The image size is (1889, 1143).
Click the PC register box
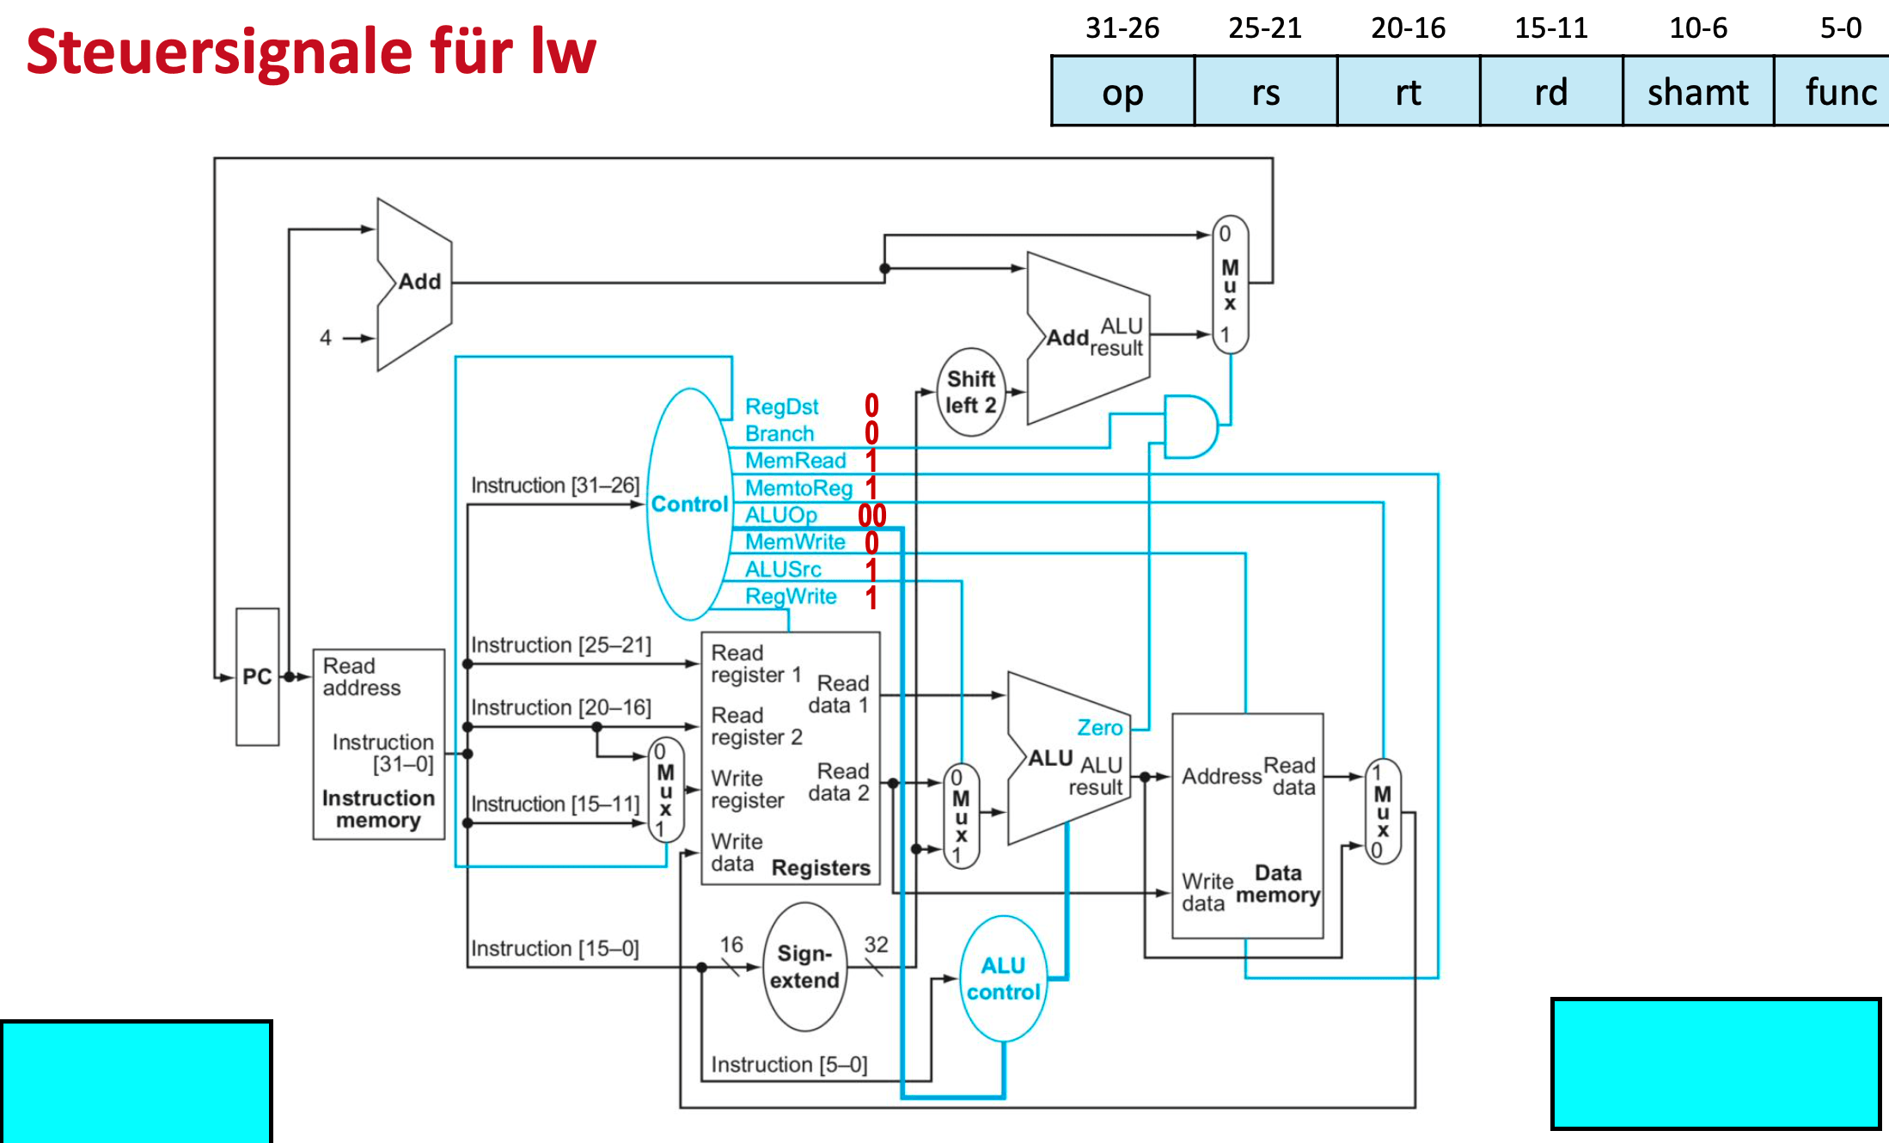257,676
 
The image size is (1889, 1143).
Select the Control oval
688,504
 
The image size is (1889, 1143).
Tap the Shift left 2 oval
971,392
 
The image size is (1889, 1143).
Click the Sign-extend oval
804,967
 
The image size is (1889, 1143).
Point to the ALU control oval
1003,979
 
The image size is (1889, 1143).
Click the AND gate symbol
1190,426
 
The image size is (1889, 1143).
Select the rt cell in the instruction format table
1408,92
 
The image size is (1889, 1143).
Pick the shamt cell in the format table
1697,92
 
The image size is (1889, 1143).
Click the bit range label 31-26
1122,28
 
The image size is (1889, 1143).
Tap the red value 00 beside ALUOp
871,516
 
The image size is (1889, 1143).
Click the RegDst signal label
781,406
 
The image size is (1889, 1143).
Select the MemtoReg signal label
798,488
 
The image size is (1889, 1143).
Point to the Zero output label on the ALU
1099,728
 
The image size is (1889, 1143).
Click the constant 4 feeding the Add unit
325,338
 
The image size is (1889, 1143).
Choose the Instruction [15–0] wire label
554,949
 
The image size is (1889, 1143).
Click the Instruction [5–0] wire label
788,1065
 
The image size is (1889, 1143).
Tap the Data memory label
1277,884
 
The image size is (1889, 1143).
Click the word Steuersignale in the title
219,52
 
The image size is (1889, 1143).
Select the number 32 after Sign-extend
876,944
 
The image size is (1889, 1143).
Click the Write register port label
747,789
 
